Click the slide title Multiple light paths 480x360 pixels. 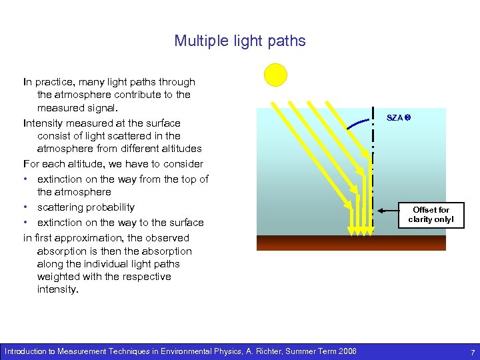pos(240,41)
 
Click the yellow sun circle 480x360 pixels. pos(275,75)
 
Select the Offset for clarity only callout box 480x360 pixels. pos(431,215)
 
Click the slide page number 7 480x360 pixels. pos(472,351)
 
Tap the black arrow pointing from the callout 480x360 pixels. pos(387,210)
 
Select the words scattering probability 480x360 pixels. pos(86,207)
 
